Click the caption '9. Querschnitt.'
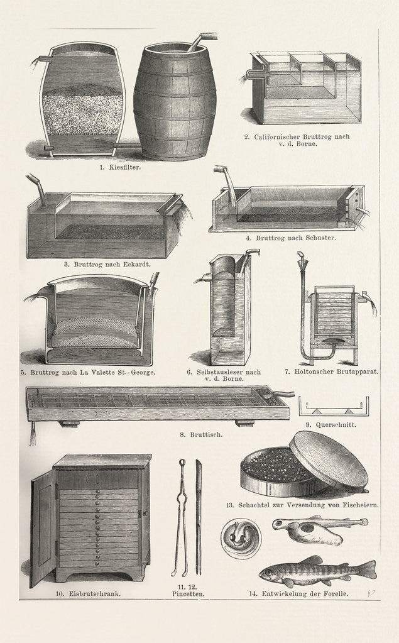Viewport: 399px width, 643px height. (335, 424)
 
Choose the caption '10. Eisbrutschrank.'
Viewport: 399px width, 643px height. (87, 592)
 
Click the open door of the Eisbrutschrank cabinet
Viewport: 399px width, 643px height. (43, 528)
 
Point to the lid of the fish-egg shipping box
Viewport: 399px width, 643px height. (328, 461)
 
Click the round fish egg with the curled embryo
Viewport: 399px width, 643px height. (241, 538)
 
